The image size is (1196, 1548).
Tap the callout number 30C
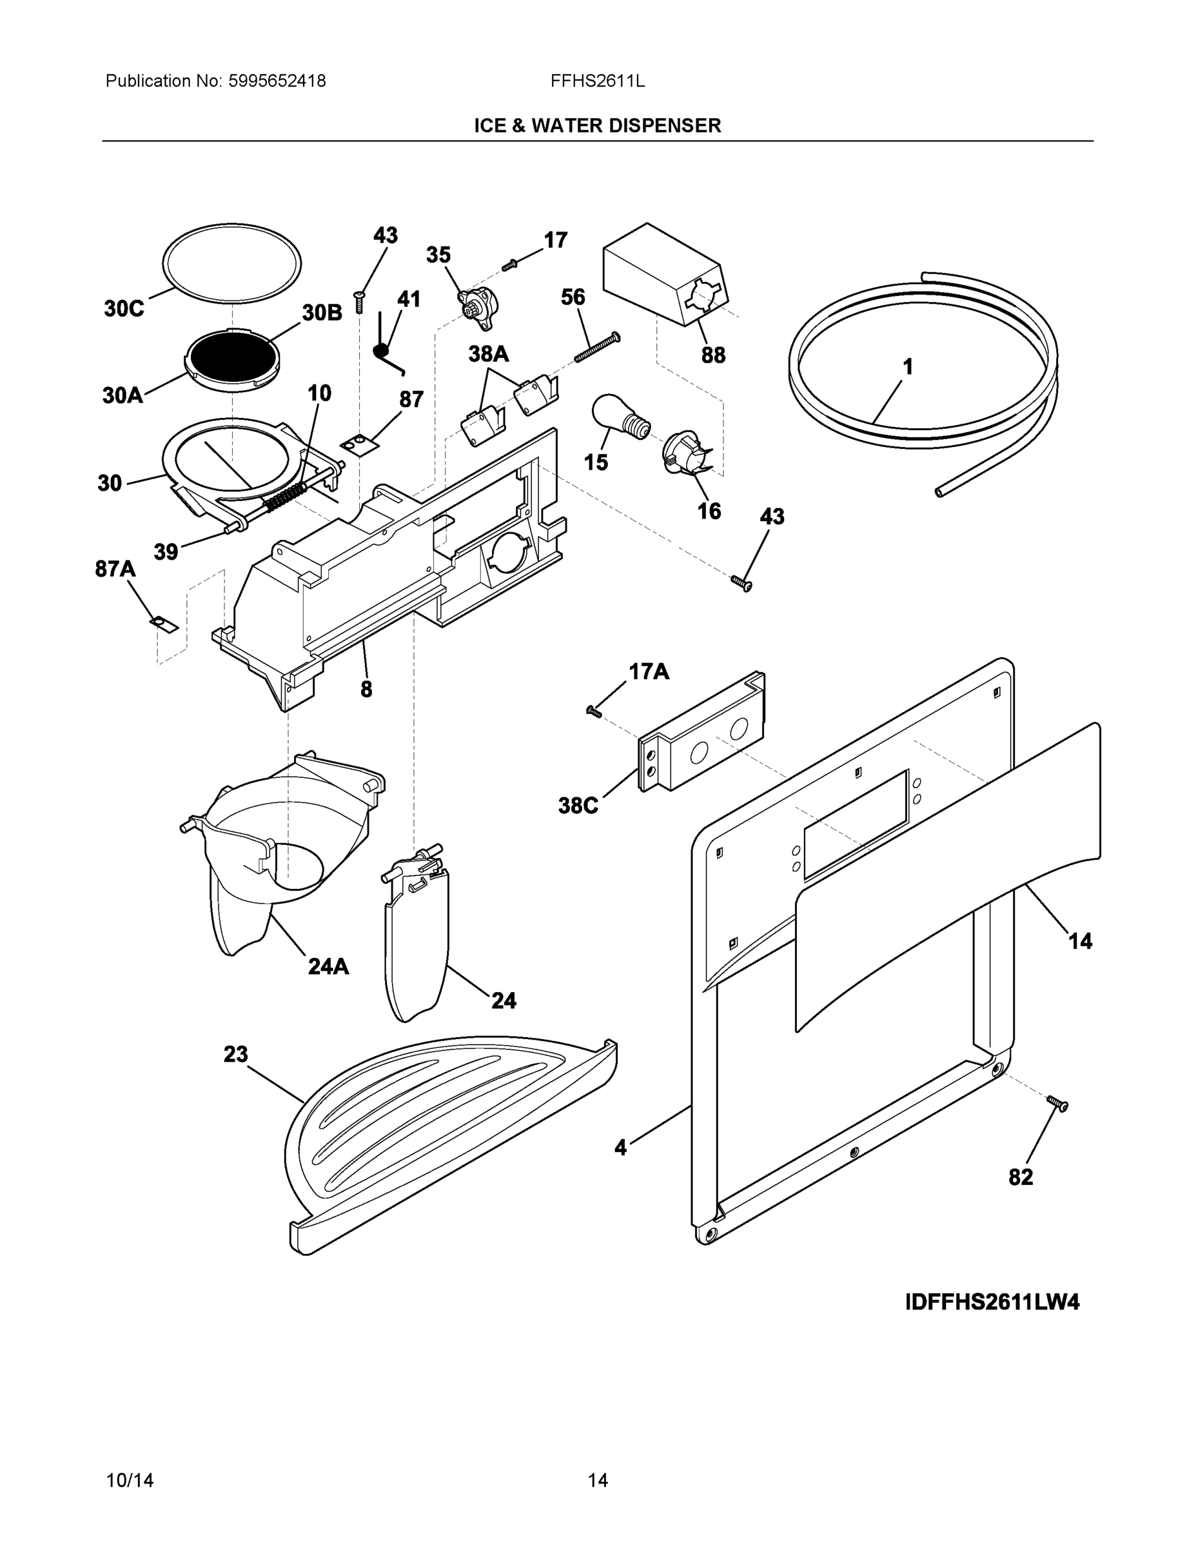124,308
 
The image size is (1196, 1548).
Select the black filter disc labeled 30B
231,358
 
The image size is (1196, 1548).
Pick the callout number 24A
328,966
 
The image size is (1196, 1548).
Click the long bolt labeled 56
597,347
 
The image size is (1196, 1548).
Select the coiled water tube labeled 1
921,368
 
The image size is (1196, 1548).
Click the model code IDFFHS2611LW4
992,1302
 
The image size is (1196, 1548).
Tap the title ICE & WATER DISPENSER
597,126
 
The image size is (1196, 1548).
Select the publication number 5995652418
277,81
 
